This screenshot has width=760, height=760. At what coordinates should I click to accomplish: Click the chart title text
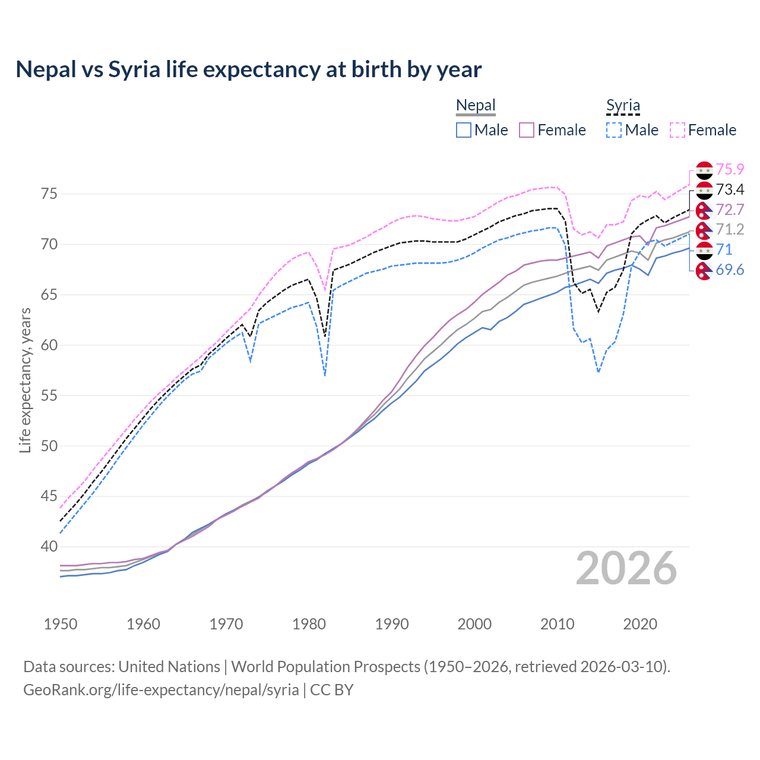[248, 69]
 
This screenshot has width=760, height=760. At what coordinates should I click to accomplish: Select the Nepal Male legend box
[464, 130]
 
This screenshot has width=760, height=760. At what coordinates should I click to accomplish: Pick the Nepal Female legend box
[527, 130]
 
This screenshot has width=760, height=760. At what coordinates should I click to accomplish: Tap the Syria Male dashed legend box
[614, 130]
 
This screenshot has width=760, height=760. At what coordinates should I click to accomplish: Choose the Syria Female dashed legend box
[677, 130]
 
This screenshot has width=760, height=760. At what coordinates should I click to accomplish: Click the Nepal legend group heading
[476, 106]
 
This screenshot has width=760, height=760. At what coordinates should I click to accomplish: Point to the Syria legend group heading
[623, 106]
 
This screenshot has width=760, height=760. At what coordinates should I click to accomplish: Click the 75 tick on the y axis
[49, 194]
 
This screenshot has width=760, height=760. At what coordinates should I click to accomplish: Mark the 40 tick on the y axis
[49, 547]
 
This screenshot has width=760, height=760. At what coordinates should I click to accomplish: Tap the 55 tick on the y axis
[49, 395]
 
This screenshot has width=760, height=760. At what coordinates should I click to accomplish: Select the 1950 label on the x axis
[61, 624]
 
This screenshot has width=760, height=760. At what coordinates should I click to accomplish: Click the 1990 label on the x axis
[392, 624]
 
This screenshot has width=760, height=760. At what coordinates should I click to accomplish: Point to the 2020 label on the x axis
[640, 624]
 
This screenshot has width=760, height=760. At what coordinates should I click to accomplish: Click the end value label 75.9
[730, 170]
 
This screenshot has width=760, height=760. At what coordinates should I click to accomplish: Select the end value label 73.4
[730, 190]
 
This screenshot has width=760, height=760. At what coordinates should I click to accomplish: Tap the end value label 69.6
[730, 270]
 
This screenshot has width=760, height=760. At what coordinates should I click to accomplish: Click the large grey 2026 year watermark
[626, 568]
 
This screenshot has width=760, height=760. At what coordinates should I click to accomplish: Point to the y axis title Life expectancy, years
[25, 380]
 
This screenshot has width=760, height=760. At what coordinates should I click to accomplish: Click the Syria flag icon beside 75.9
[704, 170]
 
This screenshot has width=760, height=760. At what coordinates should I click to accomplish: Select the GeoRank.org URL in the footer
[161, 690]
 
